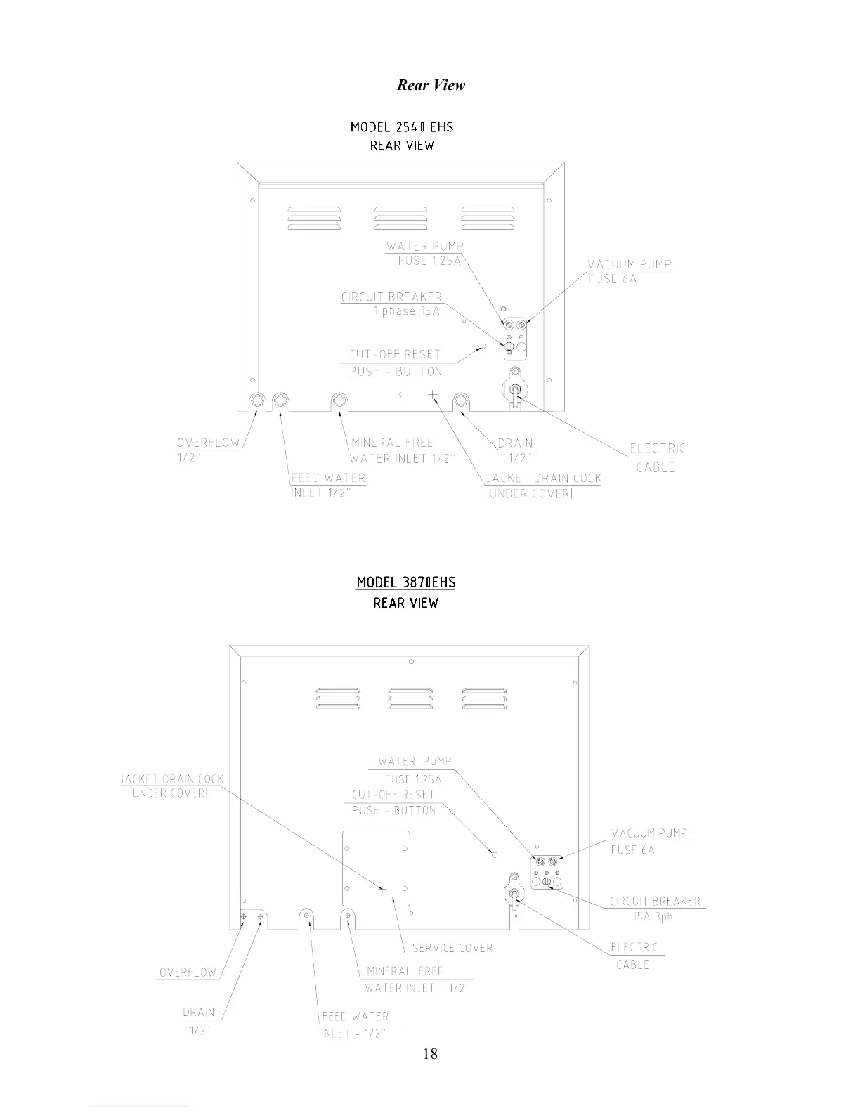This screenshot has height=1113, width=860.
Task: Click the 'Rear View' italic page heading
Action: pyautogui.click(x=431, y=85)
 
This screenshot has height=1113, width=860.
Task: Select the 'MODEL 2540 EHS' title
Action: pyautogui.click(x=401, y=127)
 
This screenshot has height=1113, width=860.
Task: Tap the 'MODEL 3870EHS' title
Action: pyautogui.click(x=405, y=582)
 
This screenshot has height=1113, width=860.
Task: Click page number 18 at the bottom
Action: pyautogui.click(x=430, y=1053)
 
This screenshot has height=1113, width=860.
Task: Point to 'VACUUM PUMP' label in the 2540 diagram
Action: pyautogui.click(x=630, y=264)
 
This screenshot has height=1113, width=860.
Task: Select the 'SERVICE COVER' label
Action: pyautogui.click(x=452, y=948)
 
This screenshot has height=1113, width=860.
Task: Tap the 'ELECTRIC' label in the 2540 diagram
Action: pyautogui.click(x=657, y=448)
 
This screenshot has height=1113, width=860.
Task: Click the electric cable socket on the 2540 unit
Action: pyautogui.click(x=514, y=390)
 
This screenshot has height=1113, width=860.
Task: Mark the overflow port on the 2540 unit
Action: pyautogui.click(x=258, y=401)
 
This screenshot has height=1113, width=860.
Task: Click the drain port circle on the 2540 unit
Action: pyautogui.click(x=462, y=401)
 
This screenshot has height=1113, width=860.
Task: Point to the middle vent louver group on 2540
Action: pyautogui.click(x=396, y=218)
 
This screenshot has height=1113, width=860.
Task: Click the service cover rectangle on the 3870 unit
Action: pyautogui.click(x=376, y=868)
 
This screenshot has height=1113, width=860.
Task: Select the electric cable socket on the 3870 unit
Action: pyautogui.click(x=514, y=893)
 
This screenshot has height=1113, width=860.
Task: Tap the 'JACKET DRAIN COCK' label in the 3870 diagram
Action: pyautogui.click(x=171, y=779)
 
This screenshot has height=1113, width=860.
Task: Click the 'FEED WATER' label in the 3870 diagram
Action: pyautogui.click(x=355, y=1016)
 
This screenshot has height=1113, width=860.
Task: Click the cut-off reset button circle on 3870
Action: pyautogui.click(x=494, y=854)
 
